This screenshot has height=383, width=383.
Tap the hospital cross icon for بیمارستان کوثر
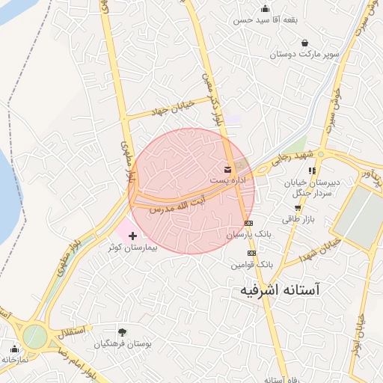coord(133,236)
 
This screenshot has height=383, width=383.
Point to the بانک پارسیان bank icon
coord(249,223)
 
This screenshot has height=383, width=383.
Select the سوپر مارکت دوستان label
coord(304,55)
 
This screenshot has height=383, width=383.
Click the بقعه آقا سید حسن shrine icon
coord(265,9)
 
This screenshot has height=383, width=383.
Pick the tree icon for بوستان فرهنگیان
coord(122,331)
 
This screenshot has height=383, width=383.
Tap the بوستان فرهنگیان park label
coord(123,344)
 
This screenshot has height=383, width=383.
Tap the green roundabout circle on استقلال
coord(34,337)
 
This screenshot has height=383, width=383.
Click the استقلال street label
coord(71,329)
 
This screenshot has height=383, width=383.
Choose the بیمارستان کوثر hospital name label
coord(133,246)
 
